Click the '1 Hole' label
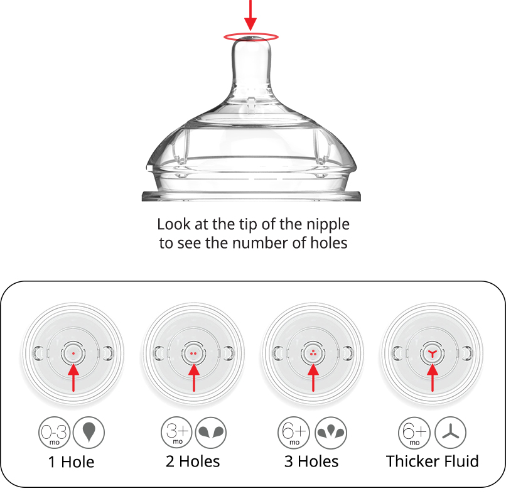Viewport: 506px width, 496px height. click(x=72, y=463)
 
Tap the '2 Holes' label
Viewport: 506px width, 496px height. click(x=193, y=462)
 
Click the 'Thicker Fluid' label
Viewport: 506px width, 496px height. click(x=433, y=461)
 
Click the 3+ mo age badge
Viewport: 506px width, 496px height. click(x=176, y=433)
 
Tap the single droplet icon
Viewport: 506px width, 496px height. click(x=89, y=433)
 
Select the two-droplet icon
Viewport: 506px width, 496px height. click(x=210, y=433)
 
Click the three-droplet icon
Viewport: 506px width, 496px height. click(x=330, y=433)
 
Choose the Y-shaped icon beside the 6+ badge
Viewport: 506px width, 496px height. click(x=451, y=433)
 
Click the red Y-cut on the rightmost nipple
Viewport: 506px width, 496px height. click(x=433, y=354)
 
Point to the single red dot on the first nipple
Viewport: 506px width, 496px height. click(x=73, y=354)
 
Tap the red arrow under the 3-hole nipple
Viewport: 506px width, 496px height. click(x=313, y=377)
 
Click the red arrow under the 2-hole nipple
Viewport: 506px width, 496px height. click(x=193, y=377)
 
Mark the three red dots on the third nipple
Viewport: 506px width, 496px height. click(x=313, y=353)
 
